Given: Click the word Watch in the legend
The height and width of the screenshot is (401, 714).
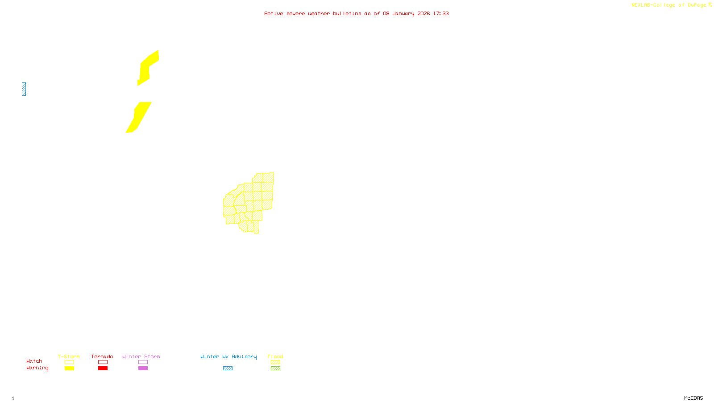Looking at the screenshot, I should [34, 361].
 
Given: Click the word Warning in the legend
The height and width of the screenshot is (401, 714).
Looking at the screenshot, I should [37, 368].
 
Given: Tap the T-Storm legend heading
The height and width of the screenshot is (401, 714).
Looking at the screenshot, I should [69, 356].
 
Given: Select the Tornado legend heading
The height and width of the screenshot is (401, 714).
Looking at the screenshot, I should [102, 356].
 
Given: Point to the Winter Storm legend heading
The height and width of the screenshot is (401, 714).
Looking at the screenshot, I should [141, 356].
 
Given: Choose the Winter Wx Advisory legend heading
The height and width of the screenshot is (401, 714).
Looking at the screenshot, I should [228, 356].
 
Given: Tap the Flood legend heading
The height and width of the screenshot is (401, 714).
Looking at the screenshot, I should [275, 356].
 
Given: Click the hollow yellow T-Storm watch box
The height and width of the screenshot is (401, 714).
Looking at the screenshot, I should [69, 362].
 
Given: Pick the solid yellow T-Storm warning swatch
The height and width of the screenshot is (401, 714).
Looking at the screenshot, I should [69, 368].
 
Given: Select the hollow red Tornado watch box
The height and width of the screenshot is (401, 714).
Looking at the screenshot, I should [103, 362].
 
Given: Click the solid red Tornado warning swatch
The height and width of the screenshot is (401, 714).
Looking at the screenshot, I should [103, 368].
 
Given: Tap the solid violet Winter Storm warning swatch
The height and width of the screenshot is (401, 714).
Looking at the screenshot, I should [143, 368].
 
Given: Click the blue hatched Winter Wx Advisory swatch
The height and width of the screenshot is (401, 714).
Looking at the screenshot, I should [228, 368].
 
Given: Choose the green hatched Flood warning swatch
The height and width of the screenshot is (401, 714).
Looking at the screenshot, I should [275, 368].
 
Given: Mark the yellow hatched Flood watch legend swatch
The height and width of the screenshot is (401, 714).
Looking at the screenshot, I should [275, 362].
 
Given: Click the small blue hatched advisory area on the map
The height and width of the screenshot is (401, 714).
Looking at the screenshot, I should [24, 89].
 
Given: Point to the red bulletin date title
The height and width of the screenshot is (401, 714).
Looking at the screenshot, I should [357, 13].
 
